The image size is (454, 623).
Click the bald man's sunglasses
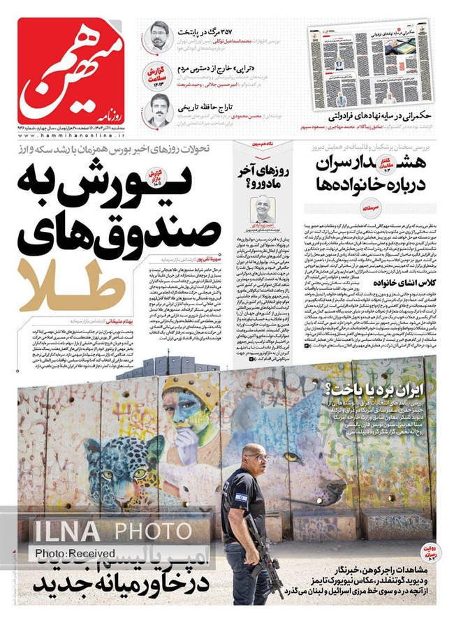pyautogui.click(x=256, y=457)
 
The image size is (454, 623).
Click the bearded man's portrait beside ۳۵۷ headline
pyautogui.click(x=159, y=35)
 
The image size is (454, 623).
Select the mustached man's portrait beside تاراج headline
pyautogui.click(x=159, y=109)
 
